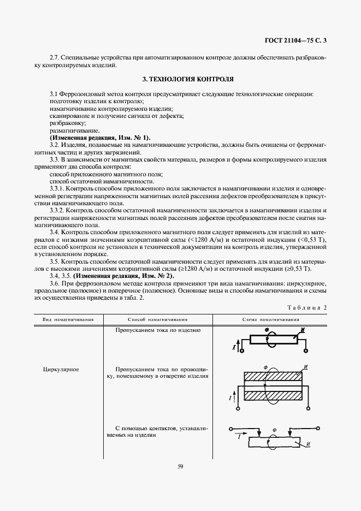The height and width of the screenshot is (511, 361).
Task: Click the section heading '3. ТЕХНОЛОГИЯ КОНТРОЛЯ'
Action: tap(180, 79)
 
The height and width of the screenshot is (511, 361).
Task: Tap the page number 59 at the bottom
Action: tap(180, 466)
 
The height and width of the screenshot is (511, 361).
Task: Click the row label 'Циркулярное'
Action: tap(61, 370)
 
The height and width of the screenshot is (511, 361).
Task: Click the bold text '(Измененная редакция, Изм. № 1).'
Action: tap(99, 138)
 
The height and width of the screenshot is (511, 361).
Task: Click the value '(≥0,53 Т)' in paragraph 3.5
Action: tap(298, 269)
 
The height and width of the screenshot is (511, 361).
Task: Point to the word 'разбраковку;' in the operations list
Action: tap(64, 123)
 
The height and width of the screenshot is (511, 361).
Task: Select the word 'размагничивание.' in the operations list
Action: tap(67, 131)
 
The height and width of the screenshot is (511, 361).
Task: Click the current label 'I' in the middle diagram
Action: tap(231, 399)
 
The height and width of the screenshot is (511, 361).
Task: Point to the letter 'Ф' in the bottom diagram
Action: tap(275, 430)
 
